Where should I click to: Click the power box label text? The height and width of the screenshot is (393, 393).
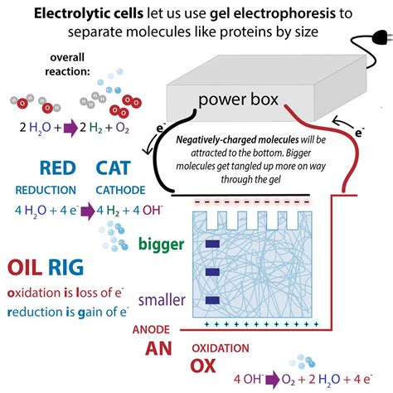240,99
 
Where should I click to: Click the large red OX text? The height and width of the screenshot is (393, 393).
206,366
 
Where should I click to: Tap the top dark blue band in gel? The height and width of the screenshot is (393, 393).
210,243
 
